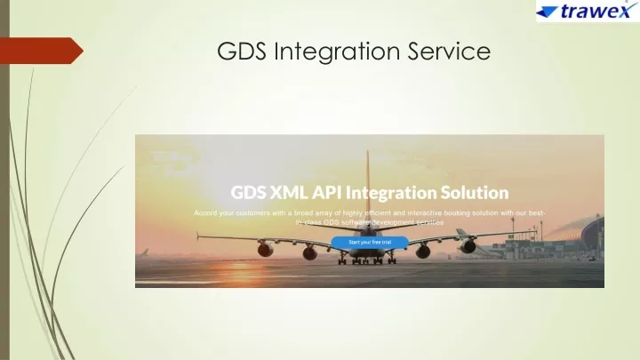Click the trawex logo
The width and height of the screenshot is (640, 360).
click(588, 11)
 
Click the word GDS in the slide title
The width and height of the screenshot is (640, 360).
click(242, 51)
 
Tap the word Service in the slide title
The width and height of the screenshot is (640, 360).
click(449, 51)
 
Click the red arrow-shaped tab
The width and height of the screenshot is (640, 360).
click(41, 51)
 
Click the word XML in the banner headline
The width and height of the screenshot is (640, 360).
click(289, 192)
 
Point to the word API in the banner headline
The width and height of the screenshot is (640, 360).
click(326, 192)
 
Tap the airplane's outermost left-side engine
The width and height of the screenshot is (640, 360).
click(265, 248)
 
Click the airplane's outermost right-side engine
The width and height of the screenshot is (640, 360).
click(468, 245)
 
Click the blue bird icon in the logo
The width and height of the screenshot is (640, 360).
click(548, 12)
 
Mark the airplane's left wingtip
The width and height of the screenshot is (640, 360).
click(198, 236)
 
